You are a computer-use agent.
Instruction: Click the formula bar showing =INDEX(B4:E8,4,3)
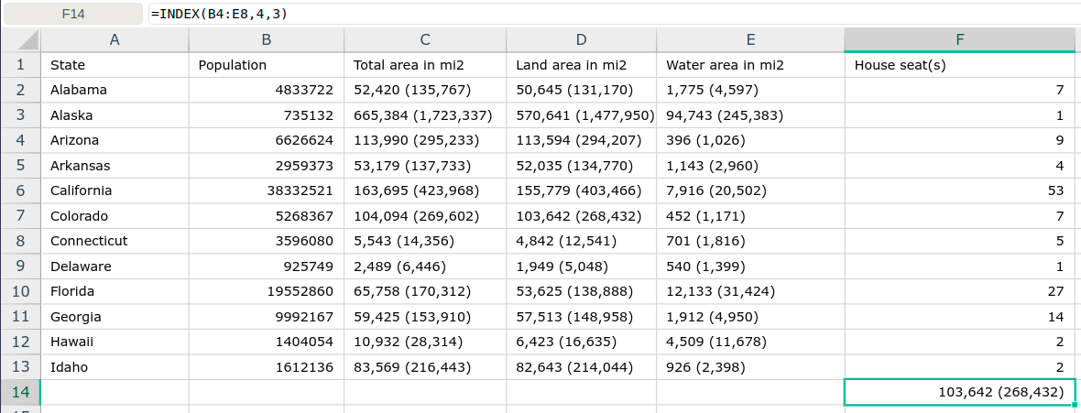click(x=614, y=13)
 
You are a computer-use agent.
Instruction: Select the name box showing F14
click(x=74, y=13)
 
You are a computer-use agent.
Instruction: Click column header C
click(x=425, y=40)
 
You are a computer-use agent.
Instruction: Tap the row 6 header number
click(x=20, y=190)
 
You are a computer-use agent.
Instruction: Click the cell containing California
click(x=115, y=190)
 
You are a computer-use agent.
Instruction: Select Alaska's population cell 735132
click(x=266, y=115)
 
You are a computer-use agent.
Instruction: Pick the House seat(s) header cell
click(x=960, y=65)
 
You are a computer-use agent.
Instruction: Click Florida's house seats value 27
click(x=960, y=291)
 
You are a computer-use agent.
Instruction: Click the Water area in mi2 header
click(x=750, y=65)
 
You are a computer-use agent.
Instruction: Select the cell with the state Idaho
click(x=115, y=367)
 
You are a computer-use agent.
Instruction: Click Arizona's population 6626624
click(x=266, y=140)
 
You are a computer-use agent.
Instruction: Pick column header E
click(x=750, y=40)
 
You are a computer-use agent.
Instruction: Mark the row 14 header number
click(x=20, y=392)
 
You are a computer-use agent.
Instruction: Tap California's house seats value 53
click(x=960, y=190)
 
